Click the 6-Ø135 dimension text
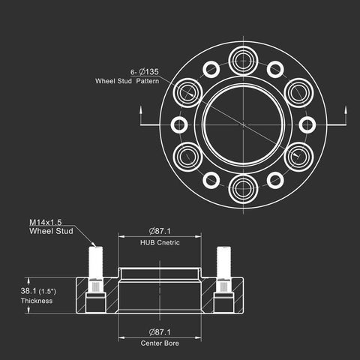(x=145, y=72)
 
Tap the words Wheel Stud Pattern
(x=127, y=81)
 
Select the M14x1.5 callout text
(x=46, y=222)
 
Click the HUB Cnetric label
(x=160, y=242)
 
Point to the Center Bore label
(x=160, y=343)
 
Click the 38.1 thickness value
(x=28, y=291)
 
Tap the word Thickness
(x=37, y=301)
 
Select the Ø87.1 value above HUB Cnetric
(x=160, y=231)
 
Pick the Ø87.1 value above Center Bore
(x=160, y=332)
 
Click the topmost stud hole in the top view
(x=243, y=61)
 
